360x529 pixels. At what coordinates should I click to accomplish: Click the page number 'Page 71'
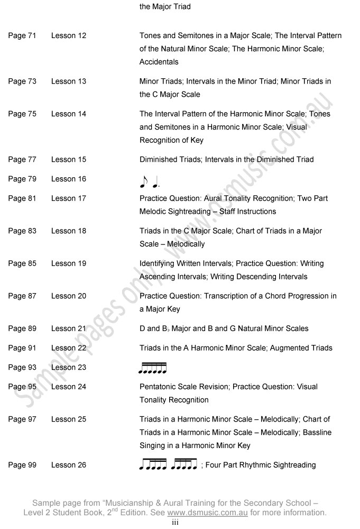(22, 36)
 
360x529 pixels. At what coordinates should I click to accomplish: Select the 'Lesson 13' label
(68, 81)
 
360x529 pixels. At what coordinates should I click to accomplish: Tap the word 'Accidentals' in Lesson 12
(159, 62)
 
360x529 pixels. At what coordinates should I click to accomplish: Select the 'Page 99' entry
(22, 465)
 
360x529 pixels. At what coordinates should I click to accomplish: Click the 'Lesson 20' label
(68, 296)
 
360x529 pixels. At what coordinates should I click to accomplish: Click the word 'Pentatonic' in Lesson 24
(158, 387)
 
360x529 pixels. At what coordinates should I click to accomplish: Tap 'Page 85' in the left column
(22, 263)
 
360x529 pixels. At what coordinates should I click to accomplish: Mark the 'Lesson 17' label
(68, 198)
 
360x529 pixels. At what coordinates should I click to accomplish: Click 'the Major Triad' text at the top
(165, 7)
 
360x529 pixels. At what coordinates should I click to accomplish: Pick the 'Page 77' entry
(22, 159)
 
